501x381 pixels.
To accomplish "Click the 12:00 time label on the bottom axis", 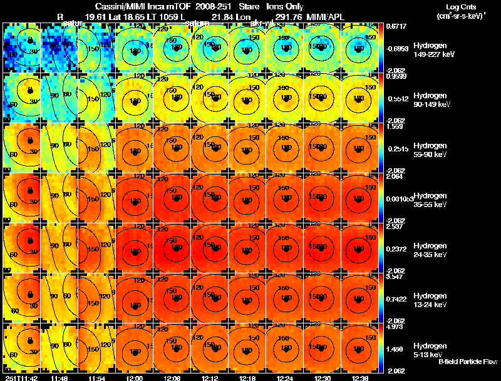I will pos(134,378).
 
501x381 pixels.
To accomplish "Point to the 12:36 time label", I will pos(359,378).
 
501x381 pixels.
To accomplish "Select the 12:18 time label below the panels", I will pos(247,378).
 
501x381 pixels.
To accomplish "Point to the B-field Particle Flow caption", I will pos(467,362).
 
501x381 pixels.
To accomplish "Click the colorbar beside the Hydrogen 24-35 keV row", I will pos(383,248).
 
